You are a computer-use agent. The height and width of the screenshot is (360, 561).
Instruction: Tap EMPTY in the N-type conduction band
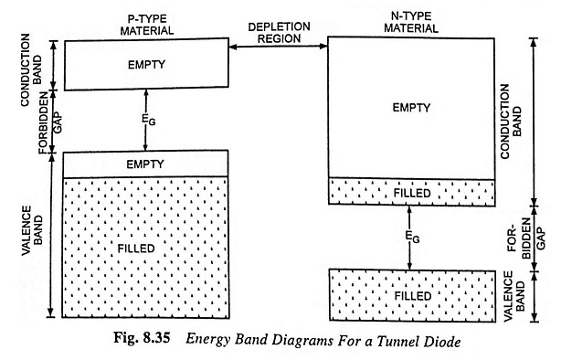(x=410, y=108)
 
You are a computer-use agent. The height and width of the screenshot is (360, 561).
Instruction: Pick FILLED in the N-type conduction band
(x=410, y=193)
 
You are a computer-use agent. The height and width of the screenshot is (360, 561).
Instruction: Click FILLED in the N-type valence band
(x=410, y=297)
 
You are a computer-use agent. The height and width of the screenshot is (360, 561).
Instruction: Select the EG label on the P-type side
(x=146, y=121)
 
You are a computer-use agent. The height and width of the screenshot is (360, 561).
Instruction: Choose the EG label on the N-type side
(x=410, y=237)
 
